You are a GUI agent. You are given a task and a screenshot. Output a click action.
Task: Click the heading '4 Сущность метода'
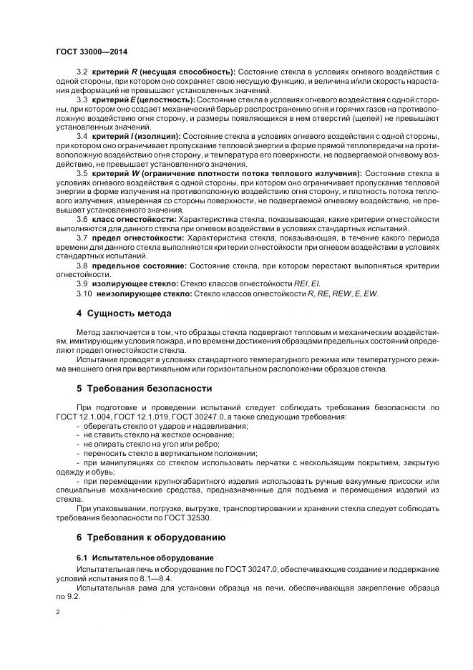128,313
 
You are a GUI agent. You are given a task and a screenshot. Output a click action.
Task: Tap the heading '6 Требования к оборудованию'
151,537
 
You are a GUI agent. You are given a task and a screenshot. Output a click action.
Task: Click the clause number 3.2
82,73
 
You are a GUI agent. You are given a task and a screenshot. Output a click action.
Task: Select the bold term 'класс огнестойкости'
134,219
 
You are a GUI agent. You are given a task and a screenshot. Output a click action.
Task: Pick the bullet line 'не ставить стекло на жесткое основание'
155,435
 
